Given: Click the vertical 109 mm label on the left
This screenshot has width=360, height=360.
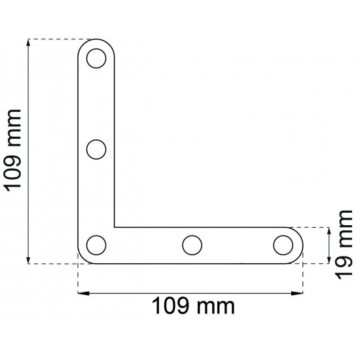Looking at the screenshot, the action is (x=12, y=151).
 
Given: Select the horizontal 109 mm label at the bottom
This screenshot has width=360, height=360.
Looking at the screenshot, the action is (x=193, y=306).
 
